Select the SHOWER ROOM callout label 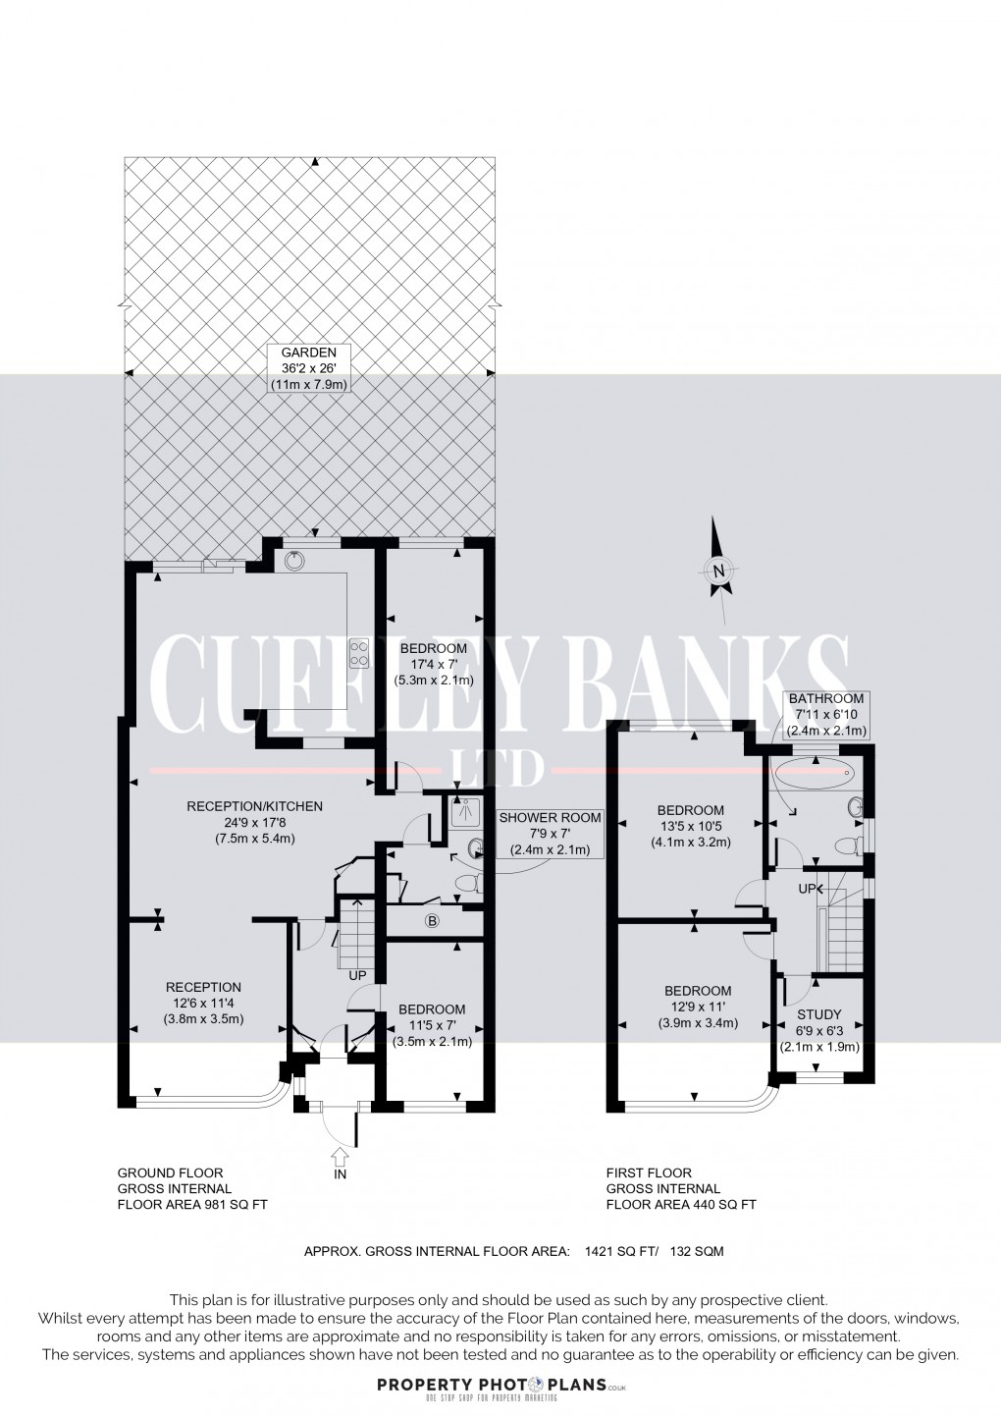[x=550, y=817]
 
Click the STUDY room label [x=818, y=1014]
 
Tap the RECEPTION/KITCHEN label [x=254, y=806]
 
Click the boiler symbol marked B [x=431, y=921]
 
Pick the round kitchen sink [x=295, y=561]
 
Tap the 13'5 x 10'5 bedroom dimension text [x=690, y=826]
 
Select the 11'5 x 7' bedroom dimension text [x=432, y=1026]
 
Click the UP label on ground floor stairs [x=357, y=975]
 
